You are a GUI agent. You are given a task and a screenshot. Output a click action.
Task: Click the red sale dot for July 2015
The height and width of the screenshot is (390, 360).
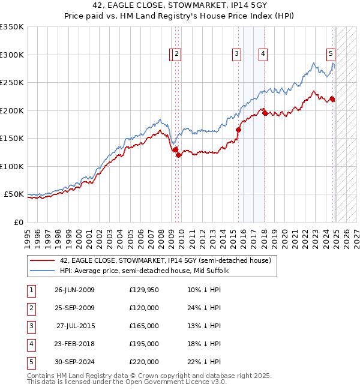tap(238, 130)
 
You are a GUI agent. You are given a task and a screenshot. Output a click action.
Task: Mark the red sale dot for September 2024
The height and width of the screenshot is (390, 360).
tap(332, 99)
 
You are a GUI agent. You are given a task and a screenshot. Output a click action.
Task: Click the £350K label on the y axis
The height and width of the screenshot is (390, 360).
tap(12, 27)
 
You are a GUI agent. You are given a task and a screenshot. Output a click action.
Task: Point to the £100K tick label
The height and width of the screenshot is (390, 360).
tap(12, 166)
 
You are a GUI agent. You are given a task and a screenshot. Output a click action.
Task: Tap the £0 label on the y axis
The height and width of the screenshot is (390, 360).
tap(18, 222)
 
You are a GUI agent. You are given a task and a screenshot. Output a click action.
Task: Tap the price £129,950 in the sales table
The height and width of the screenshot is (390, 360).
tap(143, 290)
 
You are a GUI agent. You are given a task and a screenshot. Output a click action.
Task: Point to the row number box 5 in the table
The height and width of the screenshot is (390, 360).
tap(31, 362)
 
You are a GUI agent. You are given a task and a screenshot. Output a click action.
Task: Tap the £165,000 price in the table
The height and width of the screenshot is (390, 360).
tap(143, 326)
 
